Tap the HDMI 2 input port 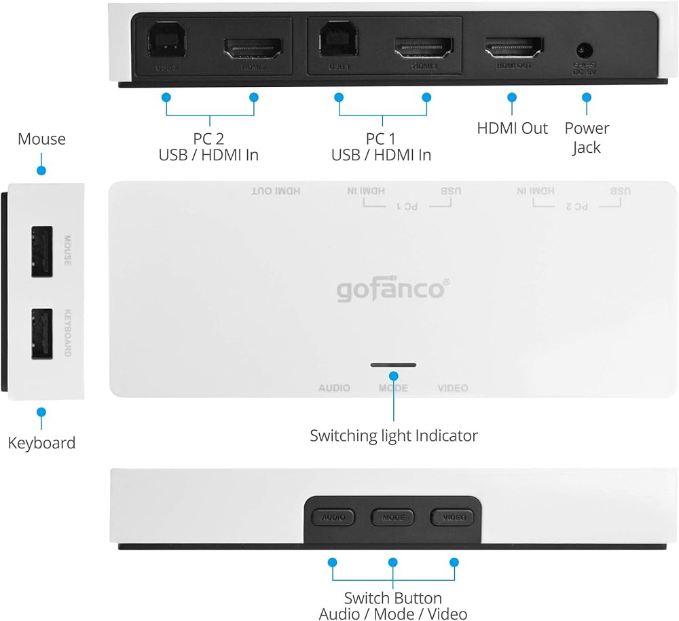point(253,47)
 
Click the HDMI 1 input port point(424,47)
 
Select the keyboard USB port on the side point(42,334)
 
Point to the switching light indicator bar point(394,365)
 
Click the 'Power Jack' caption point(587,137)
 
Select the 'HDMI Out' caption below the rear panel point(512,128)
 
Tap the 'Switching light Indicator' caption point(394,436)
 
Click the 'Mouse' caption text point(41,139)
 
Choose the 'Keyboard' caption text point(41,443)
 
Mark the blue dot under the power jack point(586,97)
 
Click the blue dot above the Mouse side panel point(41,171)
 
